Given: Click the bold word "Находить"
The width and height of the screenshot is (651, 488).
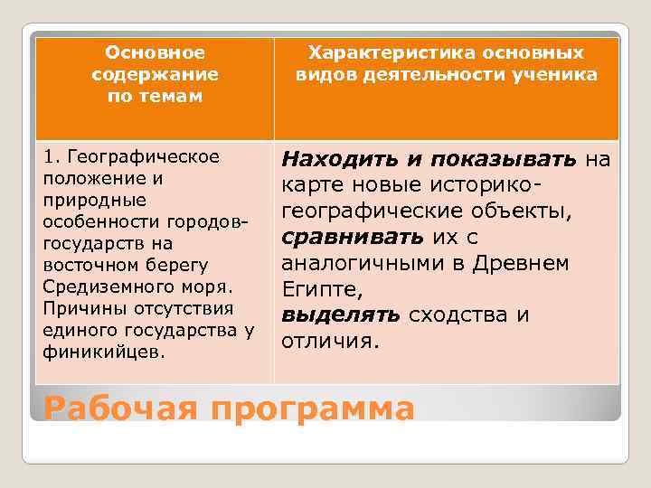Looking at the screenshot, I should [x=338, y=160].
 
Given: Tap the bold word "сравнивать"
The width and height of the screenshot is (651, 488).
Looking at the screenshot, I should [x=352, y=238].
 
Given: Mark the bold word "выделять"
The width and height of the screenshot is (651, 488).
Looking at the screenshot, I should [x=341, y=315].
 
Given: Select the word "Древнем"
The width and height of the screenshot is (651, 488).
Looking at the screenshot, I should [x=526, y=264].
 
